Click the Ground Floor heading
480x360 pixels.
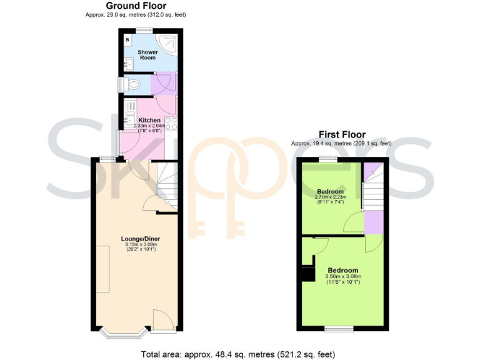coord(136,6)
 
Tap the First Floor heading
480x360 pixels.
coord(342,134)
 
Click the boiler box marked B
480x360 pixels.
coord(127,40)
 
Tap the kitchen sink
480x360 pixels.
coord(129,114)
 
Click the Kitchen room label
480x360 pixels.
coord(149,120)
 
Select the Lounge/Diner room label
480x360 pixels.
coord(139,238)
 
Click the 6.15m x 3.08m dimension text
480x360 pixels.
coord(139,244)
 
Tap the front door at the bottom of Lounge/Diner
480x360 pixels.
coord(162,320)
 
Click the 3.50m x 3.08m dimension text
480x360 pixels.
coord(344,277)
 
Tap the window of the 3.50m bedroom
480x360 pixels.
coord(339,328)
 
